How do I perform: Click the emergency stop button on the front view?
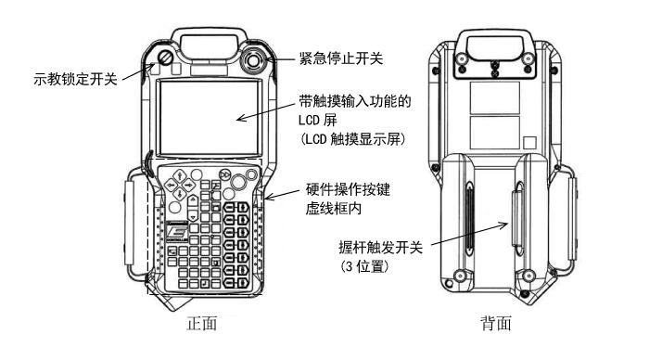click(x=253, y=59)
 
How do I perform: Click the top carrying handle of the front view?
click(x=211, y=43)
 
